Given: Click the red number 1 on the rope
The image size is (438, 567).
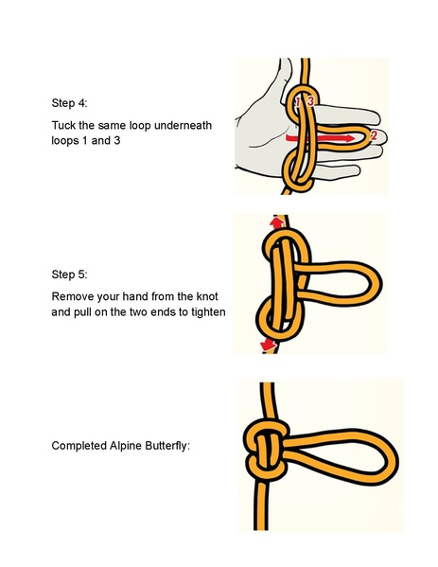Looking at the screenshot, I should click(298, 101).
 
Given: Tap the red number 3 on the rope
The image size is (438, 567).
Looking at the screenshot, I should click(311, 100).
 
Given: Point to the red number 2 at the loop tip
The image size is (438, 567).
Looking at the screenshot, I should click(373, 136).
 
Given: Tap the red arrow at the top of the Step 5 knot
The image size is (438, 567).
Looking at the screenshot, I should click(276, 222).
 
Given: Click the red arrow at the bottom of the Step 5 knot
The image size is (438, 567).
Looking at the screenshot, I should click(269, 345).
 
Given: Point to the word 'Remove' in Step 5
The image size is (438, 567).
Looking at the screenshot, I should click(74, 295).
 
